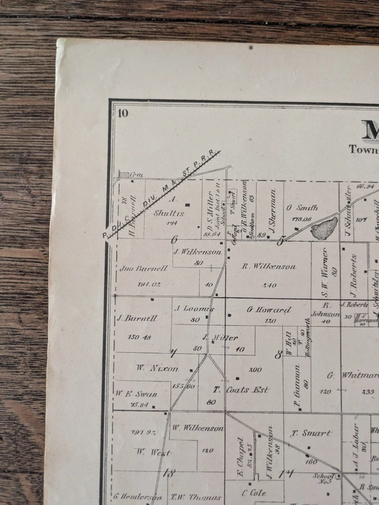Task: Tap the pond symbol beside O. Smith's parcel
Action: [x=324, y=228]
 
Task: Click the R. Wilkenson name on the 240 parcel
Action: [x=269, y=267]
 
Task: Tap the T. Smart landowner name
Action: [x=311, y=433]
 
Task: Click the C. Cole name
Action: [x=253, y=493]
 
